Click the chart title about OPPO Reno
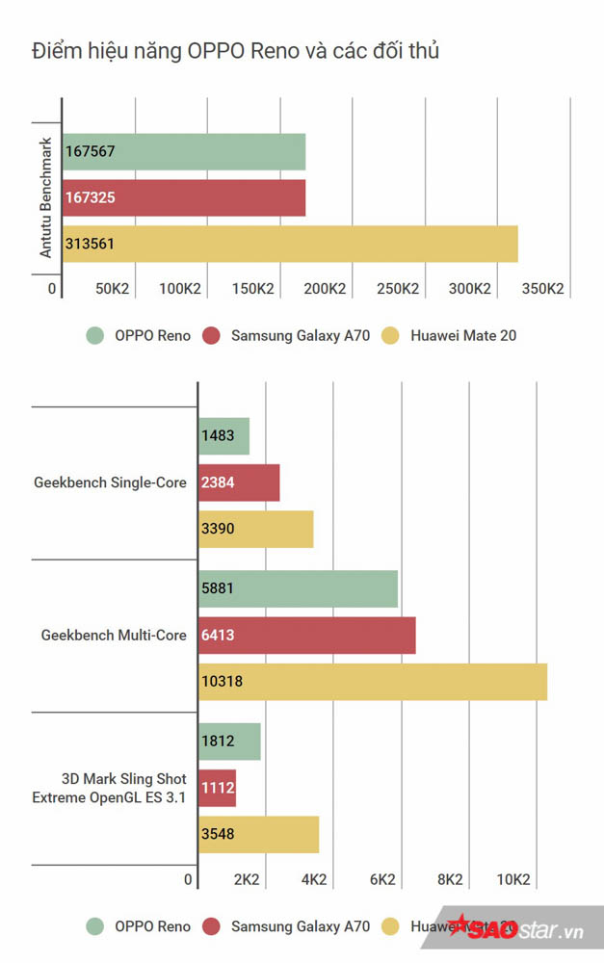click(235, 51)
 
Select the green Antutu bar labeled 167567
click(184, 152)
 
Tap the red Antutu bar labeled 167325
click(184, 197)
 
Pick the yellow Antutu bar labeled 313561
click(290, 244)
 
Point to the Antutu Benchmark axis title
click(45, 197)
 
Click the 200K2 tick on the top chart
click(325, 289)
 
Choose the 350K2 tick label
click(541, 289)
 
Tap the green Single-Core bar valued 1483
click(224, 436)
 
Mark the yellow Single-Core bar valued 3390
click(256, 529)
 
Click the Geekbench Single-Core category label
click(110, 482)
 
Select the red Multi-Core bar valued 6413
click(307, 635)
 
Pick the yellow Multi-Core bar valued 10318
click(373, 681)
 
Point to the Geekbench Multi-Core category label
click(114, 635)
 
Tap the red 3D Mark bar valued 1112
click(217, 788)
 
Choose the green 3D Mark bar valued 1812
click(229, 742)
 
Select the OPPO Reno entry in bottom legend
click(139, 927)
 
